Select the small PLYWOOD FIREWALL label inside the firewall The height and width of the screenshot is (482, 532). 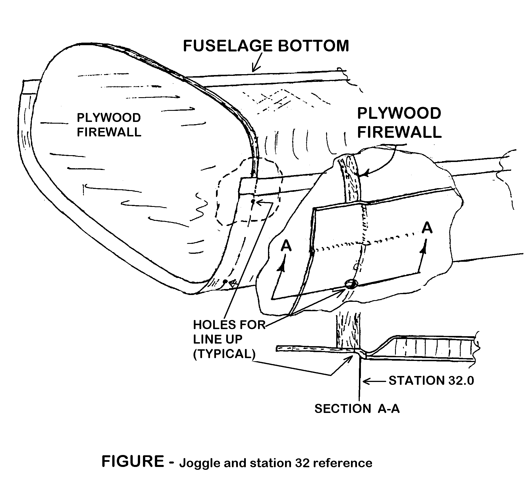pos(109,125)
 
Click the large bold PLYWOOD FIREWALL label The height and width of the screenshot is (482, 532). pos(399,123)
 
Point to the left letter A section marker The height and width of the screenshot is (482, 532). pos(286,246)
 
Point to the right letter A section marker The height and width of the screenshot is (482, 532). pos(427,228)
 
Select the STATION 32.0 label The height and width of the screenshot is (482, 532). pos(431,381)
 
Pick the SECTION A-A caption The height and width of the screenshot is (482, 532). pos(357,409)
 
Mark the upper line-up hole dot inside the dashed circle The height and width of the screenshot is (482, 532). pos(252,201)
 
